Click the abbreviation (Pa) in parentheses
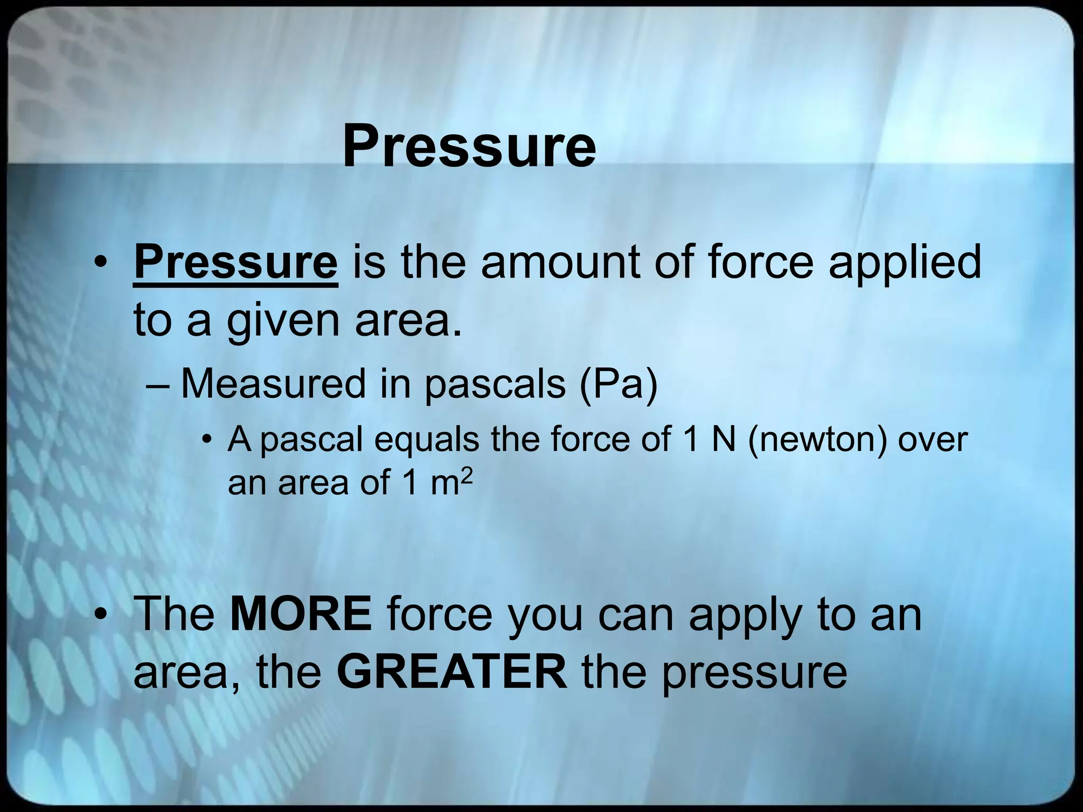click(x=619, y=384)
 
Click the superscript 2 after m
click(x=465, y=475)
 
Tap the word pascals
click(x=495, y=384)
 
